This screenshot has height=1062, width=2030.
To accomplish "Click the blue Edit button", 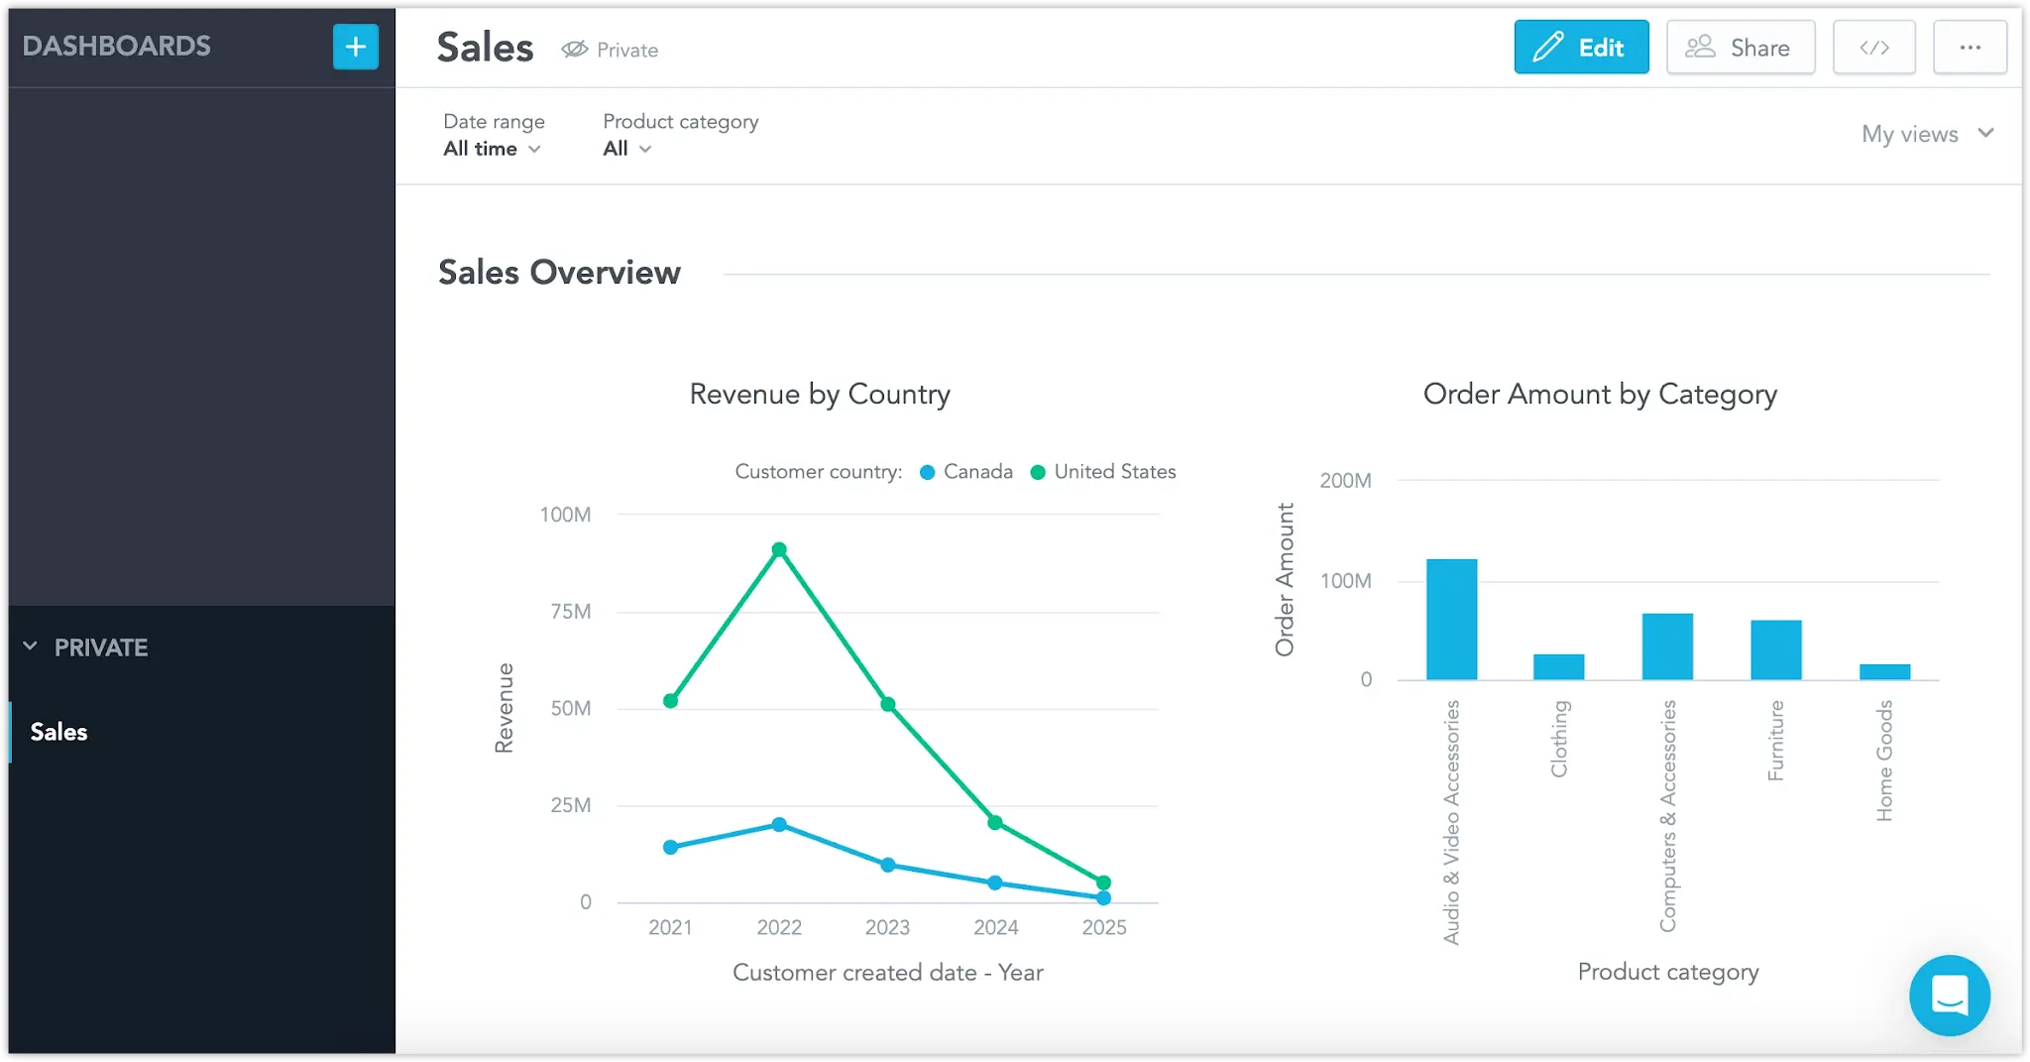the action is pos(1581,47).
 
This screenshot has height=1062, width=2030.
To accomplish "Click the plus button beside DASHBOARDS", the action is pos(356,47).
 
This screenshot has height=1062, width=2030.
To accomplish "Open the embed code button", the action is pos(1873,47).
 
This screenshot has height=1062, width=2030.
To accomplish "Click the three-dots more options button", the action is pos(1970,47).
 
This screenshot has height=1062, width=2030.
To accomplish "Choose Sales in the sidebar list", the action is pos(59,732).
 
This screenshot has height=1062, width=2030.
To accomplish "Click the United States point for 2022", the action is pos(779,549).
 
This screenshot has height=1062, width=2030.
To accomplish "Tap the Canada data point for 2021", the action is pos(671,847).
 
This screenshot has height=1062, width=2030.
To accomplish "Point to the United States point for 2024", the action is pos(995,822).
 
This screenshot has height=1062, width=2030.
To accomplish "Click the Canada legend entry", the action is pos(966,472).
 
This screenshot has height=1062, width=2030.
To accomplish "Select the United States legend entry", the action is pos(1103,472).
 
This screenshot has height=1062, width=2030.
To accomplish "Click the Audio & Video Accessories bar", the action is pos(1451,620).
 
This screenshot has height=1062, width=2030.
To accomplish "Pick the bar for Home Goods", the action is pos(1884,672).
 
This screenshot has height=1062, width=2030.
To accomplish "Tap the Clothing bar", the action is pos(1559,667).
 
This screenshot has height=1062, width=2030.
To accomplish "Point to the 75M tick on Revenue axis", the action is pos(571,612).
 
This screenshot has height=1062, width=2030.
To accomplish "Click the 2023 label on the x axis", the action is pos(887,927).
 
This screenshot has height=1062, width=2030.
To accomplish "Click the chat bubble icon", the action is pos(1950,996).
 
